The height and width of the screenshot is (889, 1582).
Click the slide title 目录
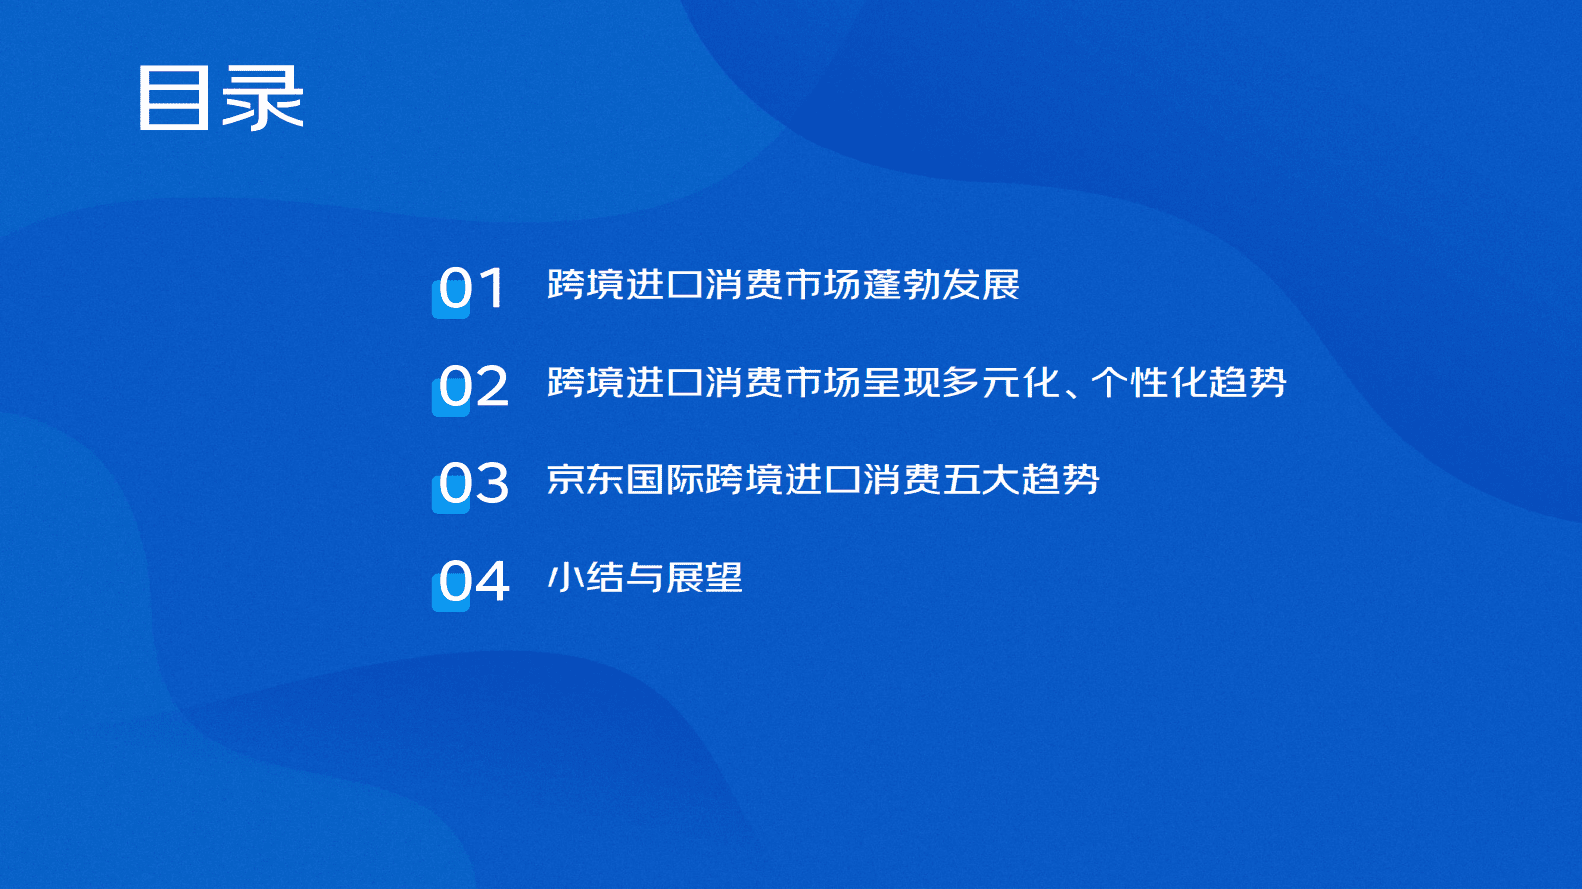point(220,98)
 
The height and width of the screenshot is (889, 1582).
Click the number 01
point(473,289)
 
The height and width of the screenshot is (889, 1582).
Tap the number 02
point(473,387)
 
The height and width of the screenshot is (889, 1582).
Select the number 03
point(473,484)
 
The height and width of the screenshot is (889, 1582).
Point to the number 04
point(473,582)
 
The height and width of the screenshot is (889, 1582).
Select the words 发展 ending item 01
point(981,285)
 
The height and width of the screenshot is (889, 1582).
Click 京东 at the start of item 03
point(586,480)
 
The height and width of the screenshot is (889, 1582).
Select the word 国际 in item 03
point(665,480)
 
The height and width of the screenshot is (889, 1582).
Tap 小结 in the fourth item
point(586,578)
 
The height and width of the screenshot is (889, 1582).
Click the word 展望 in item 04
point(704,578)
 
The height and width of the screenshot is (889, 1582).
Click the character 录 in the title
point(263,98)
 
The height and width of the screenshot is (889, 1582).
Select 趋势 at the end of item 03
point(1060,480)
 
